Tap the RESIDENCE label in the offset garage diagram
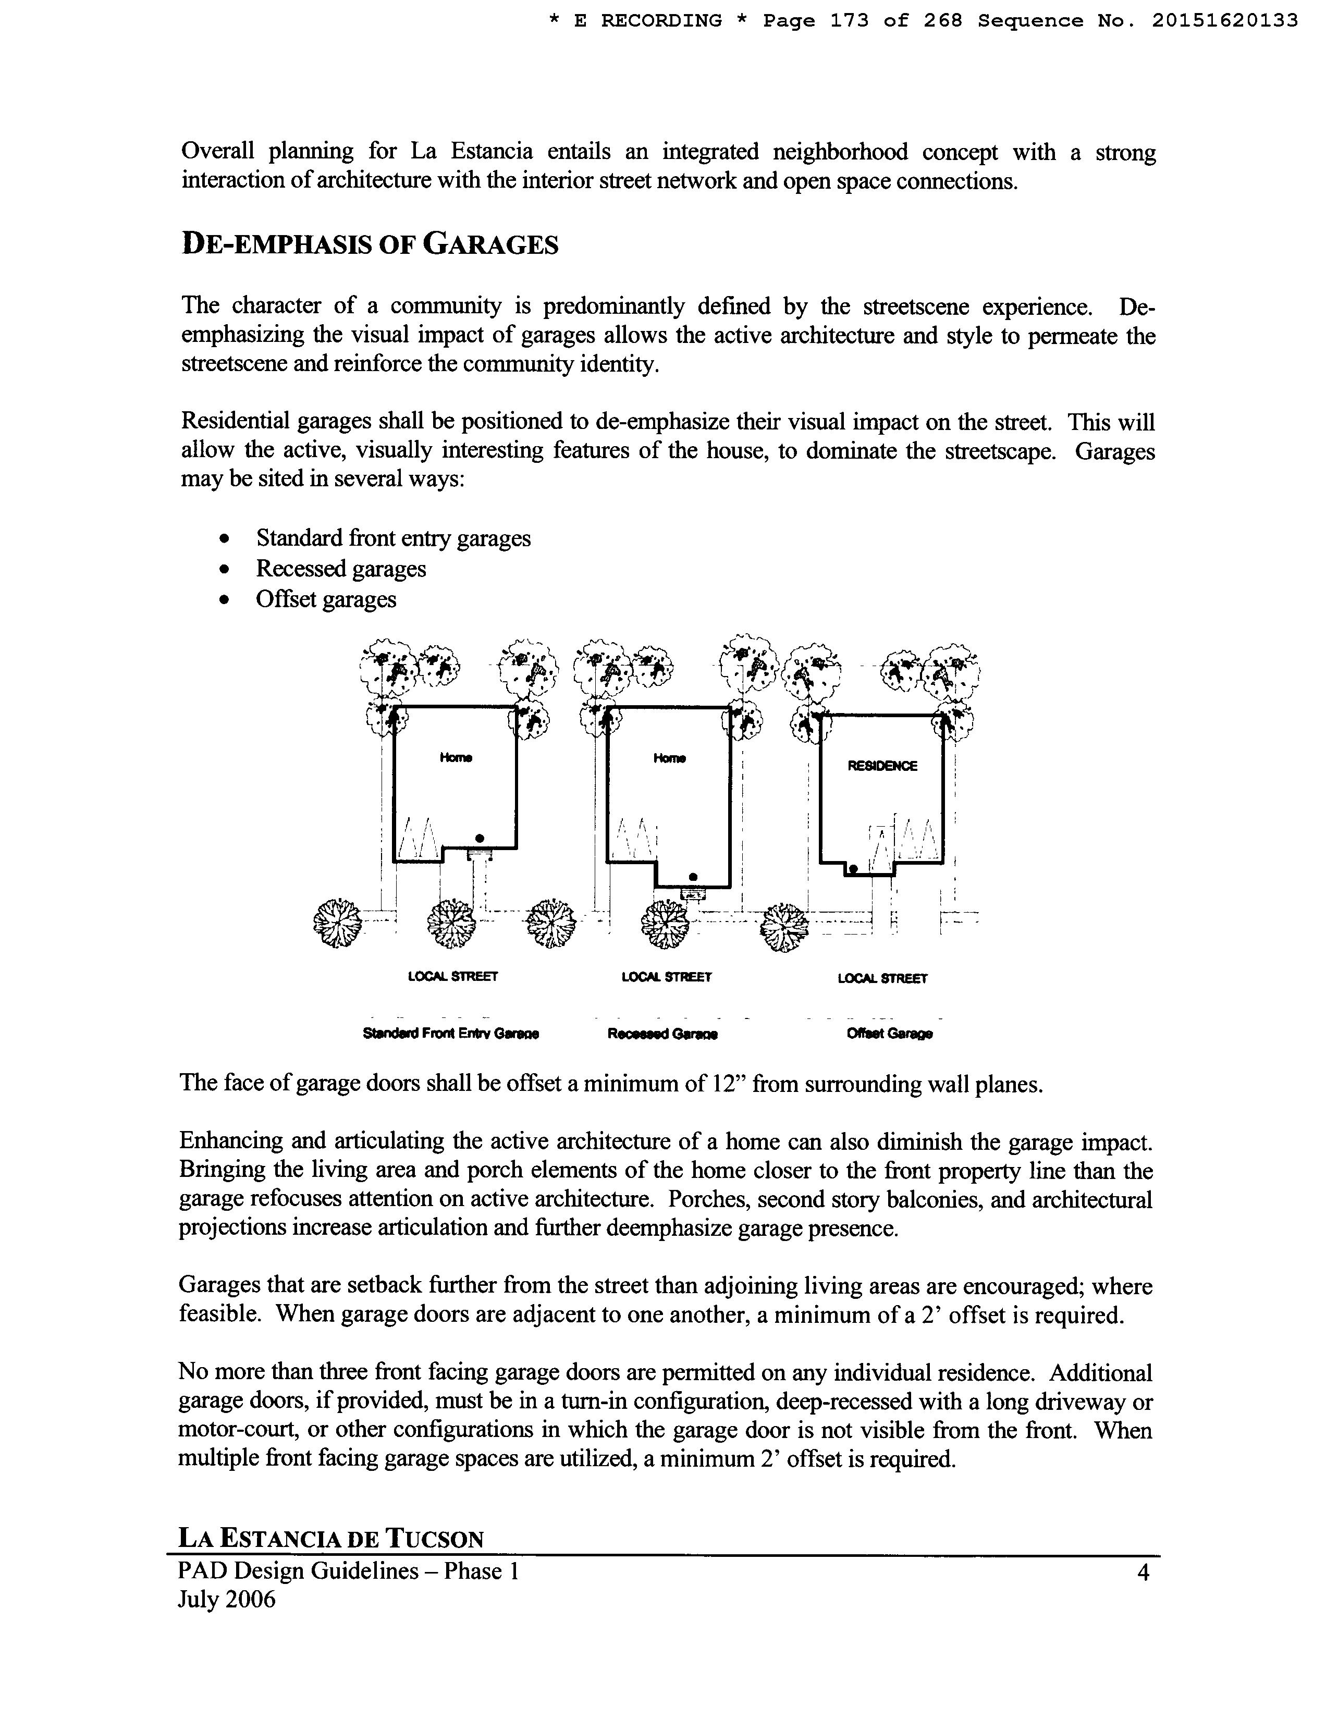click(x=882, y=766)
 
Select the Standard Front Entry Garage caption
click(x=450, y=1034)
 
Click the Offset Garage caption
click(x=889, y=1034)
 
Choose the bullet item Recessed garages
click(x=340, y=569)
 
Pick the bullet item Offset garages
click(x=325, y=599)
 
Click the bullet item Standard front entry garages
click(x=393, y=539)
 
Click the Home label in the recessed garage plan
click(x=669, y=758)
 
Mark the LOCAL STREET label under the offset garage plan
click(x=882, y=978)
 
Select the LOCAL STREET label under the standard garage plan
click(x=453, y=977)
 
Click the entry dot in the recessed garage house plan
click(x=693, y=876)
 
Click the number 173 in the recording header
click(x=849, y=21)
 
